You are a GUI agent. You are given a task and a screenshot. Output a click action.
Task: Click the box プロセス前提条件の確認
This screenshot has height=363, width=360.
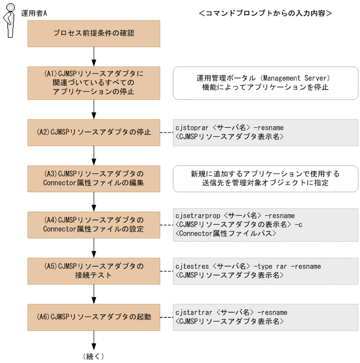[x=94, y=33]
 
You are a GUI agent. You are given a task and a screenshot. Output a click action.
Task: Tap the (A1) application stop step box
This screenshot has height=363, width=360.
[x=94, y=82]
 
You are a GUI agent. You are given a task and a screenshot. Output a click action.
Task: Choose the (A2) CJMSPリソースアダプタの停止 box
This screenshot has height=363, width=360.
[x=94, y=132]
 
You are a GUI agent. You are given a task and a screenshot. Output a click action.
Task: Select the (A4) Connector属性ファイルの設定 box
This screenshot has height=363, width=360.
[x=94, y=224]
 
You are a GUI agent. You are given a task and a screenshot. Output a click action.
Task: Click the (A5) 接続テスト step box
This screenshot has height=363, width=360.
[x=94, y=270]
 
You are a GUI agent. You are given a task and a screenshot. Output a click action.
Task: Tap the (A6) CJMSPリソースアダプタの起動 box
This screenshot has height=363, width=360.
[x=94, y=316]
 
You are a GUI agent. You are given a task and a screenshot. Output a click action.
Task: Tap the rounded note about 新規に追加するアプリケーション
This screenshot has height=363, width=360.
[x=265, y=179]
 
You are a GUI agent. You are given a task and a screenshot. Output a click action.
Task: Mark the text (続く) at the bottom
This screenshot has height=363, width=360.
[x=94, y=356]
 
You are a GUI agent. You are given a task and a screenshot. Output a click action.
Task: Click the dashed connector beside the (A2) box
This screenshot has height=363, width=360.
[x=166, y=132]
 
